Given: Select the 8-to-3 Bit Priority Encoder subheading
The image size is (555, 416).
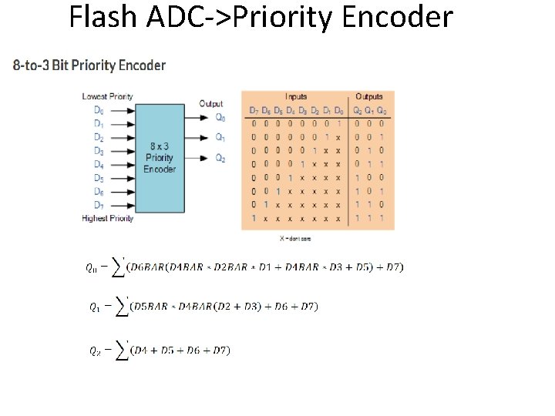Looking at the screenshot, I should coord(89,65).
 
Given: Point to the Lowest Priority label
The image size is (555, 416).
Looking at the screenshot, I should coord(107,96).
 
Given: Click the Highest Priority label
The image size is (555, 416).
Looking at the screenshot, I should coord(107,218).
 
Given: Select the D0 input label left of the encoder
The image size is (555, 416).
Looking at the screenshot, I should coord(99,109).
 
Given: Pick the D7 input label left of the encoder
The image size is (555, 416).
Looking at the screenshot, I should coord(99,205).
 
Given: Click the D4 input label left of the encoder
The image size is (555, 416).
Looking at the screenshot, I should coord(99,164).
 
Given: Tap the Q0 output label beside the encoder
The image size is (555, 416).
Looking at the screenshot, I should coord(220,118).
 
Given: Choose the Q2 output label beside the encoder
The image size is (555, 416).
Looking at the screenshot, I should coord(220,159).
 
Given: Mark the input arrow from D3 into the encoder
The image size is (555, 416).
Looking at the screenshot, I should coord(120,150).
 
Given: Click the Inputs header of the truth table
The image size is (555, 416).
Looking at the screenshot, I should coord(296,97).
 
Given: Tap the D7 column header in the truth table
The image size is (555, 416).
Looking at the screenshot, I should coord(253,110).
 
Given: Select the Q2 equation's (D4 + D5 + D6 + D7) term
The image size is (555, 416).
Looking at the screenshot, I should coord(180,351).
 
